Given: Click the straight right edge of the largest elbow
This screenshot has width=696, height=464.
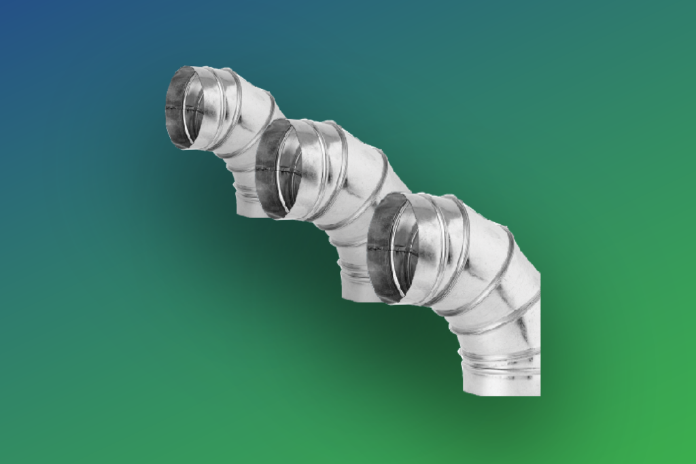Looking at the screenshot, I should [540, 326].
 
